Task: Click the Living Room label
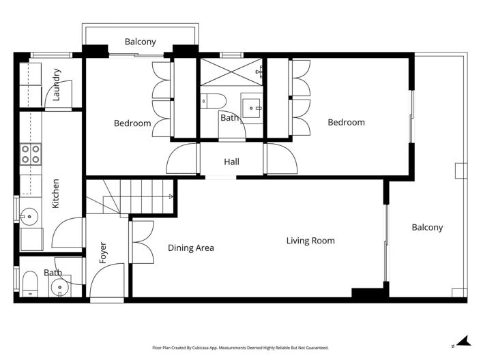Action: (310, 241)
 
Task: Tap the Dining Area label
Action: (191, 247)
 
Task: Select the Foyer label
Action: (103, 253)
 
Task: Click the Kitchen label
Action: (56, 194)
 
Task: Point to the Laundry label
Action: (57, 85)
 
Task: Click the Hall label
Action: (232, 162)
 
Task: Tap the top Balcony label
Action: (141, 42)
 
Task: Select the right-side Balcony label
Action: (427, 227)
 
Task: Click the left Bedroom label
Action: (132, 123)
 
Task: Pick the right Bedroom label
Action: (346, 123)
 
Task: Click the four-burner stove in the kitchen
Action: (30, 154)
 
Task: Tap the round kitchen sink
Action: (28, 218)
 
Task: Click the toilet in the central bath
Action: (212, 102)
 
